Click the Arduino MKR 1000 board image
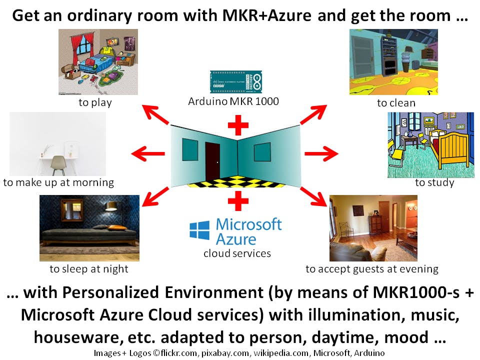click(235, 81)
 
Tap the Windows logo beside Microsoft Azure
click(199, 230)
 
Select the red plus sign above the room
click(238, 125)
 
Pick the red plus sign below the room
click(238, 201)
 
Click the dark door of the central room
click(212, 161)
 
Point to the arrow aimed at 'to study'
click(321, 153)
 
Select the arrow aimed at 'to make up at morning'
click(148, 153)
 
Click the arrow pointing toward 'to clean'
click(313, 114)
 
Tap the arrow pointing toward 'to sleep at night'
click(155, 196)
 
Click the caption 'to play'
click(95, 102)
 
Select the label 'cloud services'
click(237, 253)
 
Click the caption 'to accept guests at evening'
click(372, 269)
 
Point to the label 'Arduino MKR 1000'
click(233, 101)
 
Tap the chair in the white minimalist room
click(58, 165)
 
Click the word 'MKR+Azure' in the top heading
click(266, 15)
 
